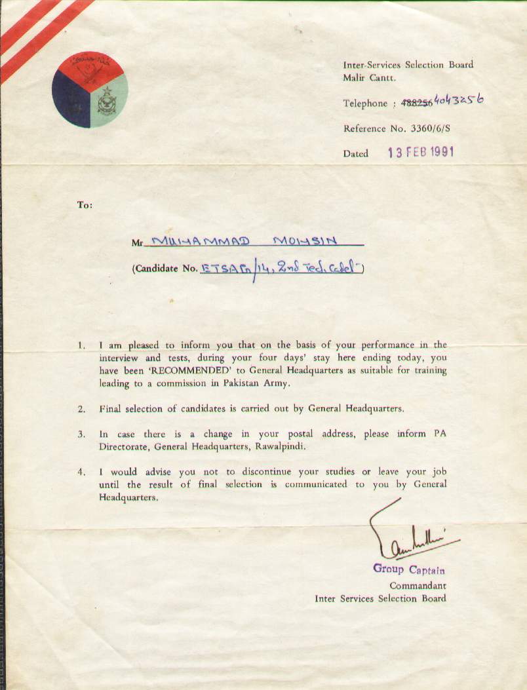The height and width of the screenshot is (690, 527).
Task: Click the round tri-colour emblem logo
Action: [x=90, y=90]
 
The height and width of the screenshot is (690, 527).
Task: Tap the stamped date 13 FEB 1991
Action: [x=420, y=153]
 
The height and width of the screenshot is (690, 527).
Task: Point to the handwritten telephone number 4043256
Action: [x=458, y=101]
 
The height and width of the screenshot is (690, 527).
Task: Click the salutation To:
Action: [x=85, y=205]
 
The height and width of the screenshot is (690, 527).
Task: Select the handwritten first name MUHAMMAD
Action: [x=201, y=242]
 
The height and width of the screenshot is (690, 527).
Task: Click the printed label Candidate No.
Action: [x=166, y=269]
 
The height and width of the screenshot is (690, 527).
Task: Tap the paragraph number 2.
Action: [x=81, y=410]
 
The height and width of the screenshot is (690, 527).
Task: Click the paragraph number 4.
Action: [x=81, y=472]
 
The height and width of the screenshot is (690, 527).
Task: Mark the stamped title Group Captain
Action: [x=409, y=569]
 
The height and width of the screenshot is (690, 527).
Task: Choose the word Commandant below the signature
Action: [x=418, y=585]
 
